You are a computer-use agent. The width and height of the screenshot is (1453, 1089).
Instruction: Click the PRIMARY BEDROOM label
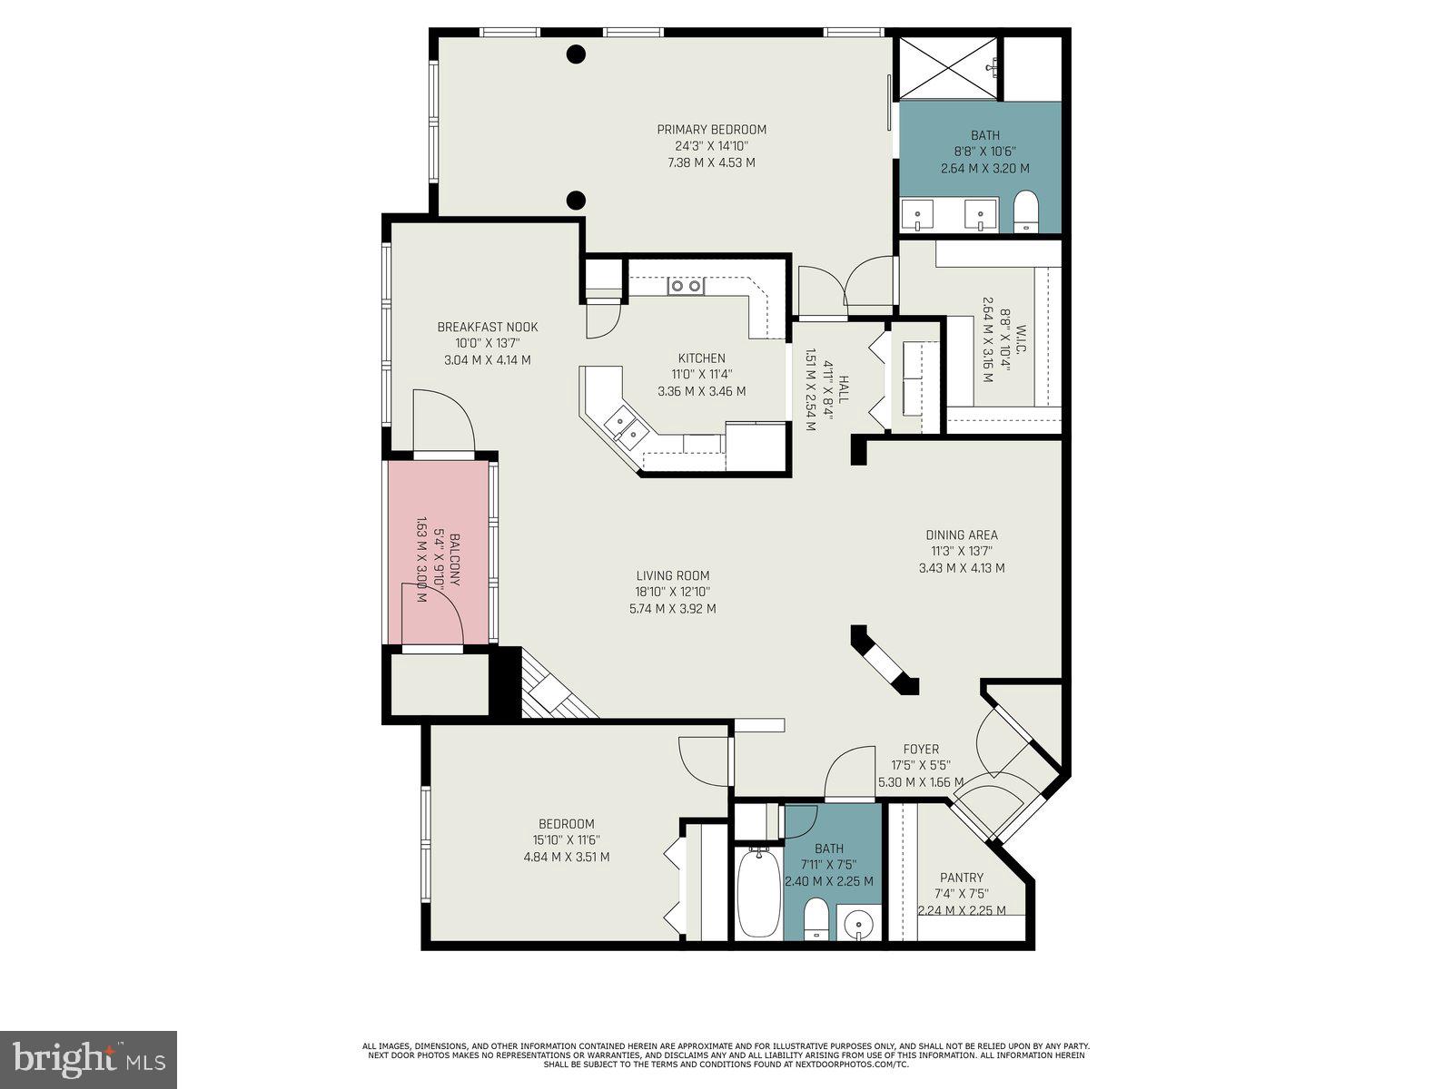pyautogui.click(x=712, y=130)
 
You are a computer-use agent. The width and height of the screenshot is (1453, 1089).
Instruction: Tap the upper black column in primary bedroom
pyautogui.click(x=576, y=54)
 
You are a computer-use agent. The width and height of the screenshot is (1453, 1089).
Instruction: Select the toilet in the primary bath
pyautogui.click(x=1025, y=211)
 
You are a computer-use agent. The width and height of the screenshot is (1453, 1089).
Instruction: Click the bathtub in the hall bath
pyautogui.click(x=757, y=895)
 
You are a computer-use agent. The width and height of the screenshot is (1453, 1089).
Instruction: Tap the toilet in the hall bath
pyautogui.click(x=816, y=918)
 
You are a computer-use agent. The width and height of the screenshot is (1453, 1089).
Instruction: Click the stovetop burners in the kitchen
pyautogui.click(x=686, y=287)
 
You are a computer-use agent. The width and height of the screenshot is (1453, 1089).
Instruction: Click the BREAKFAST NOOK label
pyautogui.click(x=488, y=328)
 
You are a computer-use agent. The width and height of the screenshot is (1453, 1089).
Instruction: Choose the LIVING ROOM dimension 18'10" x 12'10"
pyautogui.click(x=672, y=592)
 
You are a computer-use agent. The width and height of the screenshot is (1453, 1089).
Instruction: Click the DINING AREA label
pyautogui.click(x=962, y=535)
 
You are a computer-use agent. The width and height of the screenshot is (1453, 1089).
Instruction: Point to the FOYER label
pyautogui.click(x=921, y=750)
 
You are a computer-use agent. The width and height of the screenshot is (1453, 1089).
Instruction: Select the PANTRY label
pyautogui.click(x=962, y=878)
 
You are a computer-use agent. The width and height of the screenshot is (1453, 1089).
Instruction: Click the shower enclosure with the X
pyautogui.click(x=947, y=68)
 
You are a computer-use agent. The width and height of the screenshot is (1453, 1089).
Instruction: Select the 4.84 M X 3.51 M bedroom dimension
pyautogui.click(x=567, y=857)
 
